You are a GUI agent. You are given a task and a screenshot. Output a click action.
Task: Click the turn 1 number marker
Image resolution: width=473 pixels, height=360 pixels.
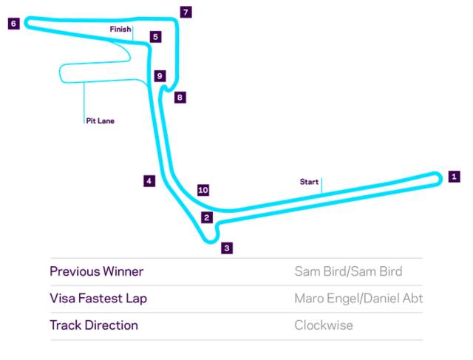[455, 177]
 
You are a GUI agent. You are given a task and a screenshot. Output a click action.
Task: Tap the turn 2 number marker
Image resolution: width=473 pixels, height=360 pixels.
[207, 217]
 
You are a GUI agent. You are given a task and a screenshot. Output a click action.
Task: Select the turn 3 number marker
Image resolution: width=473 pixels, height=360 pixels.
[227, 248]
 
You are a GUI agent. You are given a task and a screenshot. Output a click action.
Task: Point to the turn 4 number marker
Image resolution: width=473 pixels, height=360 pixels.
[149, 181]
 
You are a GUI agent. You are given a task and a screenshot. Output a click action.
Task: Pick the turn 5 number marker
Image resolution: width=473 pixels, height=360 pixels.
[154, 36]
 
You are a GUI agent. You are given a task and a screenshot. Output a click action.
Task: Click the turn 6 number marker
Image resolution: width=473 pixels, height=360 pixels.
[13, 24]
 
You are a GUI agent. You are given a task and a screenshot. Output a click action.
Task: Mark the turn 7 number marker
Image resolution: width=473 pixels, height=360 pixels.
[186, 13]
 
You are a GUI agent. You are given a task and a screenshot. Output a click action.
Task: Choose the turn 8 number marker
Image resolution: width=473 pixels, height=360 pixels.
[180, 97]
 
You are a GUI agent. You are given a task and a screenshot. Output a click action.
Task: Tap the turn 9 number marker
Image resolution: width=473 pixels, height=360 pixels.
[160, 75]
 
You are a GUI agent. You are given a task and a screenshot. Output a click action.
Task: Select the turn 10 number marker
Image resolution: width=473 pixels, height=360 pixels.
[203, 190]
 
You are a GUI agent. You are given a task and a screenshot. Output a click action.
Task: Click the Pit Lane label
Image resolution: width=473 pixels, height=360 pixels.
[101, 120]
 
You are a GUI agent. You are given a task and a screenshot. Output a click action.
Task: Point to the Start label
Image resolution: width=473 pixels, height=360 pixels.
[309, 181]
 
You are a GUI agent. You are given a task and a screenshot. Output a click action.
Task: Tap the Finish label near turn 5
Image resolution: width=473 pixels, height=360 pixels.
[120, 29]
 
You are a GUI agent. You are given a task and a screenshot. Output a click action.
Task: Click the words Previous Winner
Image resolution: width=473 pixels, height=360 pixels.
[96, 271]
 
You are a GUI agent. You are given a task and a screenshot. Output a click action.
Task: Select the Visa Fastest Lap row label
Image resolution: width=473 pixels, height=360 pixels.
[98, 299]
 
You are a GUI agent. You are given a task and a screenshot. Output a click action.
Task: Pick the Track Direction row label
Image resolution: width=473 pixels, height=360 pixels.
[93, 325]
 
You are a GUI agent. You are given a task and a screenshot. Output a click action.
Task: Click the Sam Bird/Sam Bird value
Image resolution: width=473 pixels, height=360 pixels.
[348, 271]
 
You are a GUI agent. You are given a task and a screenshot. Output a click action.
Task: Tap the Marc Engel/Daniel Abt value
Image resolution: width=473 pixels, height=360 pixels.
[358, 299]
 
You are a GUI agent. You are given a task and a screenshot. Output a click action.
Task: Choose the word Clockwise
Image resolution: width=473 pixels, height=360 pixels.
[323, 325]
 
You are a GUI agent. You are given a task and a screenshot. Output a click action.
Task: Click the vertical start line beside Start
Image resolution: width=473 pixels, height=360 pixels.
[321, 185]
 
